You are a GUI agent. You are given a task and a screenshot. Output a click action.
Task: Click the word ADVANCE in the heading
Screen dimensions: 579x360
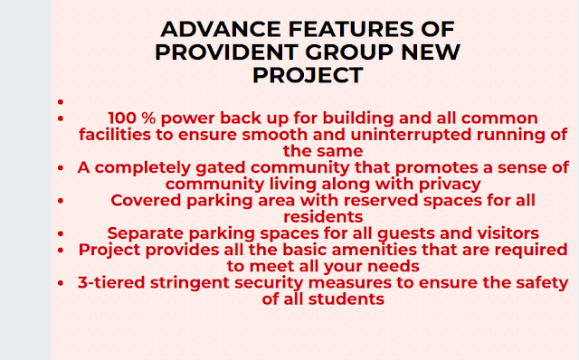(x=221, y=29)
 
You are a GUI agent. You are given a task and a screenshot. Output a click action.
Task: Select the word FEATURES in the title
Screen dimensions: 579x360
(x=351, y=29)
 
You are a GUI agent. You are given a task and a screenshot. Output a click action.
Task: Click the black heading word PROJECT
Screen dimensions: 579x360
(x=308, y=75)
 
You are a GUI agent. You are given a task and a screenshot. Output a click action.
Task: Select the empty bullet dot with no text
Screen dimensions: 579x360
(x=61, y=101)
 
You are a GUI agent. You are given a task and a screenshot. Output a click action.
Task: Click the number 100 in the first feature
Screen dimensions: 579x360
(x=122, y=118)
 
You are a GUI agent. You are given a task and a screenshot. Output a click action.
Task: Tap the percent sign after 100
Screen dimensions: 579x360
(x=148, y=118)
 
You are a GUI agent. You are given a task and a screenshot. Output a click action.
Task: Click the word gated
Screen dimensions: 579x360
(x=220, y=168)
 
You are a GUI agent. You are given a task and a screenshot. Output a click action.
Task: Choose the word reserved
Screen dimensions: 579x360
(x=384, y=201)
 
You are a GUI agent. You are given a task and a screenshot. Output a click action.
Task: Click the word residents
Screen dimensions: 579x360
(x=323, y=217)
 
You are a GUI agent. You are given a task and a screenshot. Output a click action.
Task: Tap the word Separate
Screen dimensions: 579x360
(x=145, y=233)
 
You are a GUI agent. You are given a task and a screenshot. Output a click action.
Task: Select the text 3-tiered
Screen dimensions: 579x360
(x=111, y=283)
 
